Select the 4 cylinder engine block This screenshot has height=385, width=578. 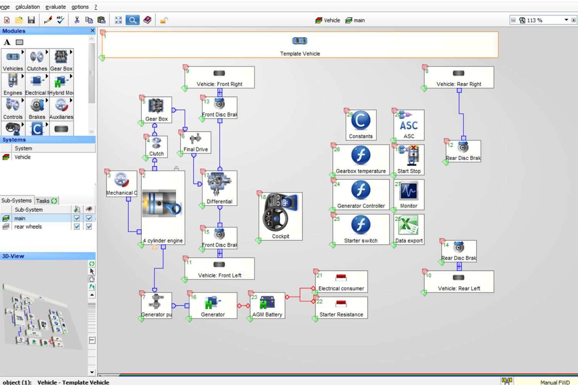(163, 208)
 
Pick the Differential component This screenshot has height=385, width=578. (219, 188)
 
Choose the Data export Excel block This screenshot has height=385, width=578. (409, 229)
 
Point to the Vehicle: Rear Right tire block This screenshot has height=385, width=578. (459, 77)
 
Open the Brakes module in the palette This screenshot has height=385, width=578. (37, 109)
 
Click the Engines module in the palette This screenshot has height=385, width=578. (13, 84)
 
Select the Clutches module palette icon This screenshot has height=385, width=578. (37, 60)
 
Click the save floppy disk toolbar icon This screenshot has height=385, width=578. (32, 20)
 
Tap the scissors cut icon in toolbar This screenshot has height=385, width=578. (77, 20)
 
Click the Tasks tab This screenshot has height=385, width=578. (46, 201)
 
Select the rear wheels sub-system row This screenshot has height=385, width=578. (28, 227)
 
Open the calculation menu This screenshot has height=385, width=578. (27, 7)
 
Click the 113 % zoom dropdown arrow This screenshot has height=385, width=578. (566, 20)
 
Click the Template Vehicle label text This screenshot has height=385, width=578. (300, 54)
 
